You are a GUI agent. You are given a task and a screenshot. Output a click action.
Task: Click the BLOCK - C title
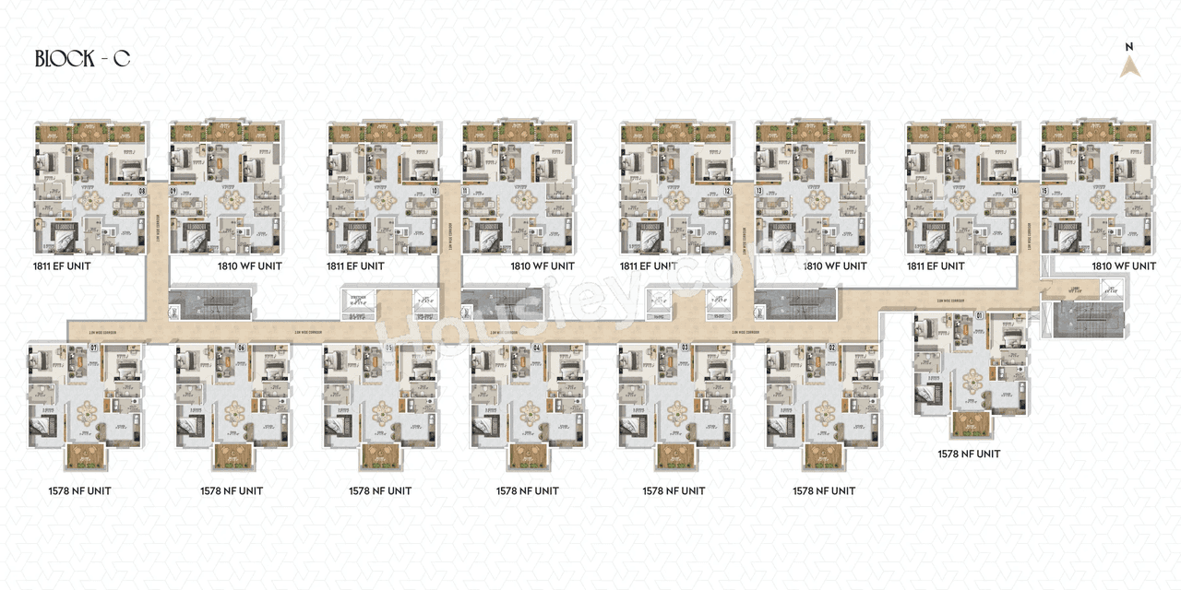click(82, 59)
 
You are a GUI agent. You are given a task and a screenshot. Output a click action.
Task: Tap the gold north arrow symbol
click(1130, 66)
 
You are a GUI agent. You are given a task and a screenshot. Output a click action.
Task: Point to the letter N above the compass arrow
click(1130, 46)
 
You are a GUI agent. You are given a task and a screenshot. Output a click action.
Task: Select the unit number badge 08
click(141, 192)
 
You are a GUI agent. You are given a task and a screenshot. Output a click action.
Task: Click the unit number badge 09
click(173, 192)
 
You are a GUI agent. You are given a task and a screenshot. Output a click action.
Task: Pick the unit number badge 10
click(435, 192)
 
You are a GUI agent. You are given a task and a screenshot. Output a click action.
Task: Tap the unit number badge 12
click(728, 192)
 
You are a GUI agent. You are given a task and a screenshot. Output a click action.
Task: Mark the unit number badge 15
click(1045, 192)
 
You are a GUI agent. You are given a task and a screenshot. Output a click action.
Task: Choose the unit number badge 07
click(93, 348)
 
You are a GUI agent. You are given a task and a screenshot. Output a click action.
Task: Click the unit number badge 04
click(536, 348)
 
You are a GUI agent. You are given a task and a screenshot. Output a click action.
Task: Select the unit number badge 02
click(831, 348)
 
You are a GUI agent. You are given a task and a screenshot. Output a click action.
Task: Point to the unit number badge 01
click(979, 318)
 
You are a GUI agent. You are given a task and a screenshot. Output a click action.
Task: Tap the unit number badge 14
click(1013, 192)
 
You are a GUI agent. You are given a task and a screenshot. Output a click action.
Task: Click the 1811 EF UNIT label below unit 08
click(61, 266)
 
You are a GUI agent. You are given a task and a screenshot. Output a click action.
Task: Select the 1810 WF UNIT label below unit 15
click(1123, 266)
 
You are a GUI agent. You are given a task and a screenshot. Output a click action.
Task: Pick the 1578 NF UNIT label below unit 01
click(969, 454)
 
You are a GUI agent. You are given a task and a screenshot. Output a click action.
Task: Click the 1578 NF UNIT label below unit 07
click(79, 490)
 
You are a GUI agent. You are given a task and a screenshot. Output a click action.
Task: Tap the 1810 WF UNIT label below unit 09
click(249, 266)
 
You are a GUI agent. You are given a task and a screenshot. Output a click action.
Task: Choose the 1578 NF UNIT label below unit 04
click(527, 490)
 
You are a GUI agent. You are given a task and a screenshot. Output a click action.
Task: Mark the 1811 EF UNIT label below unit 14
click(935, 266)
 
